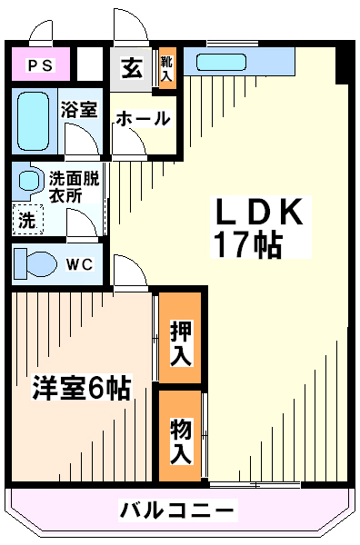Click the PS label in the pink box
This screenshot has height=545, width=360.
[x=41, y=65]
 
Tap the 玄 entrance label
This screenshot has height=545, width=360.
[x=132, y=68]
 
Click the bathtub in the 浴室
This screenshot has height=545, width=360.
[x=33, y=122]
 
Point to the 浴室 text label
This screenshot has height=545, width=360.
[x=79, y=110]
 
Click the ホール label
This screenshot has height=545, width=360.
[x=144, y=118]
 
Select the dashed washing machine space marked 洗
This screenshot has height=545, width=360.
[x=28, y=219]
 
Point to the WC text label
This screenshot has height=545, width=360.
[x=80, y=265]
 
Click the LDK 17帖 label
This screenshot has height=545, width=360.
[x=259, y=227]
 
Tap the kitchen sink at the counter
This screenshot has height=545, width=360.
[x=221, y=63]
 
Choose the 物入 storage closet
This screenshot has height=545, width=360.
[x=180, y=436]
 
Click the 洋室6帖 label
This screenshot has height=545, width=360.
[x=81, y=388]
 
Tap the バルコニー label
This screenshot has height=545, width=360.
[x=177, y=510]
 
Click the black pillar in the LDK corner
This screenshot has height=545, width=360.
[x=342, y=64]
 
